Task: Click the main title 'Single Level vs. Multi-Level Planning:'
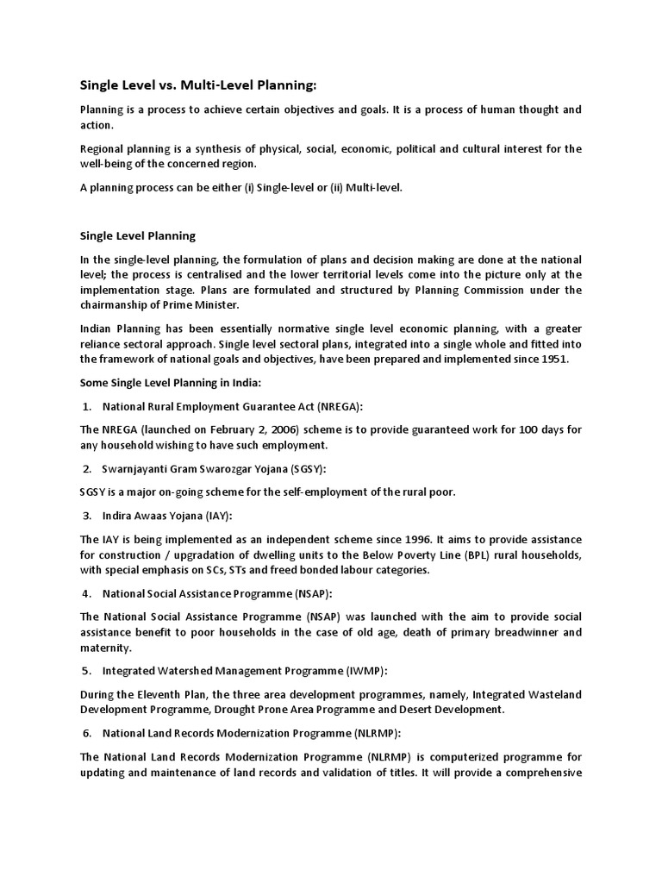[198, 85]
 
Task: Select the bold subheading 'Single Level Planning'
[138, 235]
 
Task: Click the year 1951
[552, 360]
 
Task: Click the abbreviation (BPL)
[451, 555]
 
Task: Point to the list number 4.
[87, 594]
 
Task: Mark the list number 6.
[87, 734]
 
